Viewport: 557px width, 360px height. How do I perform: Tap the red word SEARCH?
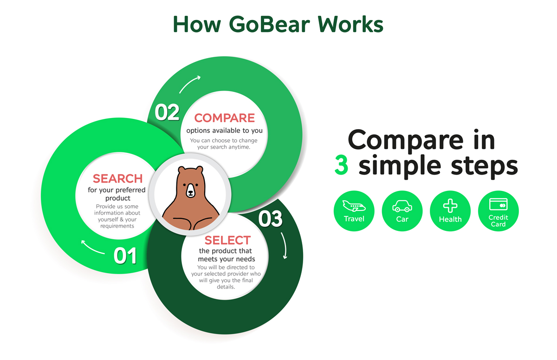117,179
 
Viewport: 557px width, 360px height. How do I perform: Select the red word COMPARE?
224,118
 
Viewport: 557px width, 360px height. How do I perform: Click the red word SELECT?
227,240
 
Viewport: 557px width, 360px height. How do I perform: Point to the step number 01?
125,256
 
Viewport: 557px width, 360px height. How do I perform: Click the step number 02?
167,112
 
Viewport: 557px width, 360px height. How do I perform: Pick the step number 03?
270,219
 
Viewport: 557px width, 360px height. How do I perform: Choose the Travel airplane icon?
354,206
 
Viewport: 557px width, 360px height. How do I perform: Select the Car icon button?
402,206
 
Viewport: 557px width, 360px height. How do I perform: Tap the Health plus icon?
450,206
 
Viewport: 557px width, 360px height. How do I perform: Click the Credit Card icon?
498,204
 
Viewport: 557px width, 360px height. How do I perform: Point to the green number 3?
341,166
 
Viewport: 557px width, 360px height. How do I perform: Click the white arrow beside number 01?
93,247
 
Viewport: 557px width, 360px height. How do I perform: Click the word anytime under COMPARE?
238,147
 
